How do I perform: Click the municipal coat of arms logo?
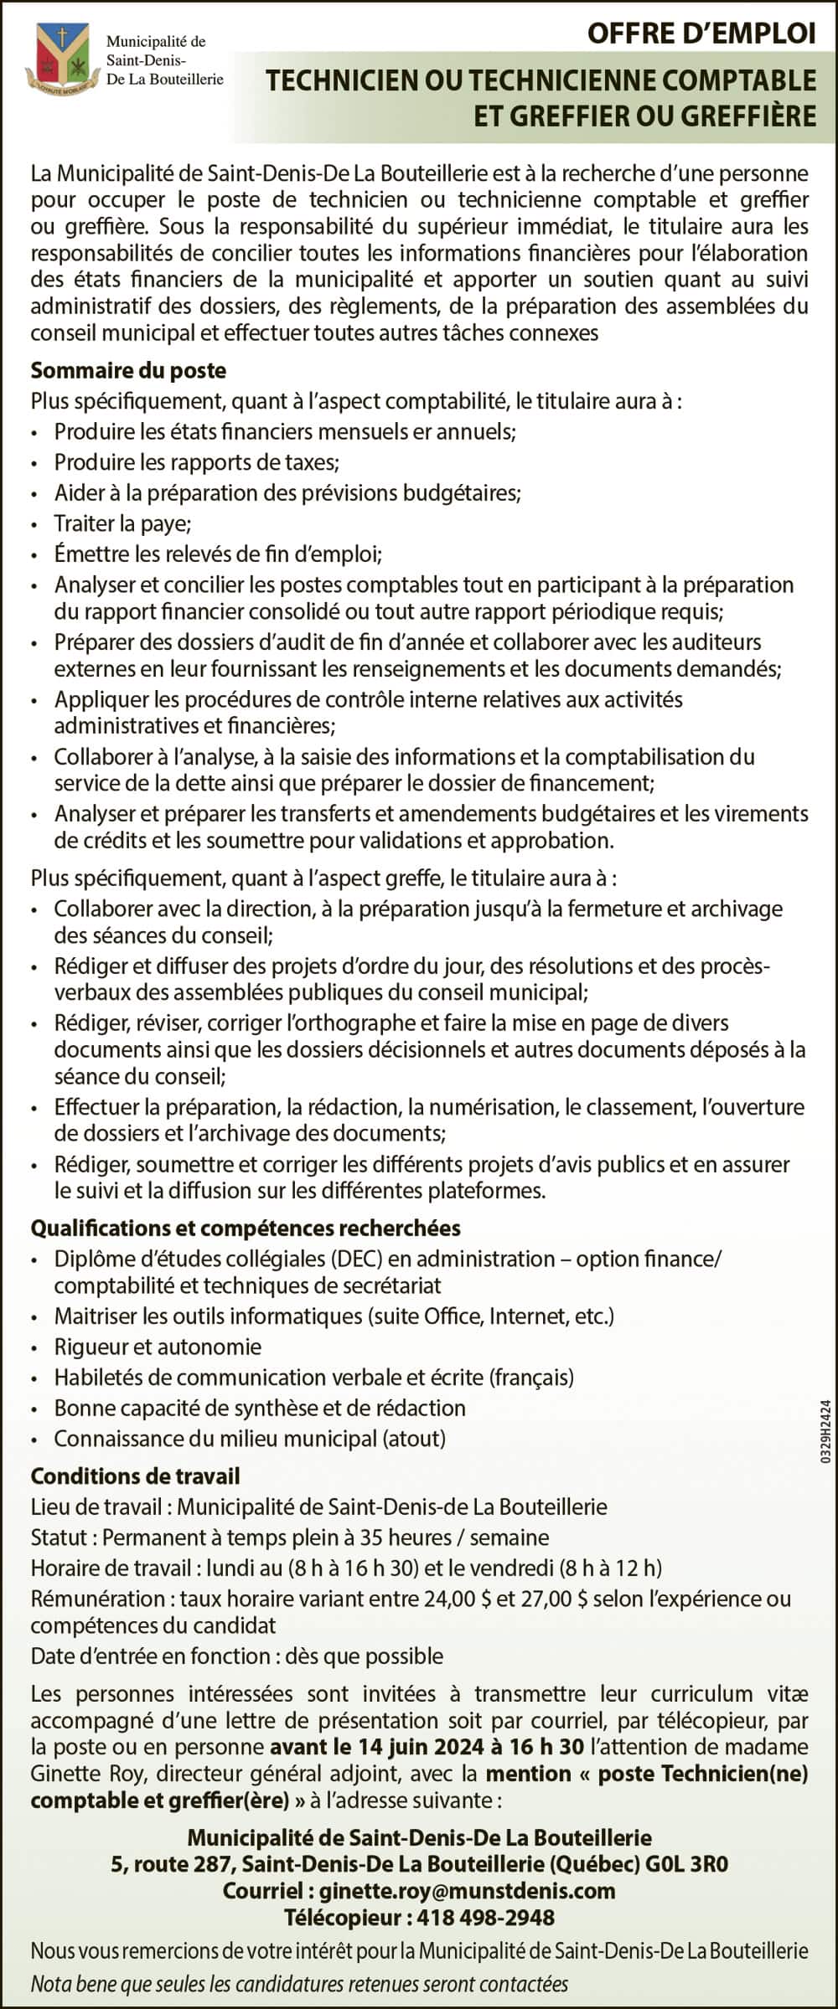pos(59,59)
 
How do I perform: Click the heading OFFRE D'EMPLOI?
pos(701,33)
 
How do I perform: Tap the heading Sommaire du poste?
pos(128,370)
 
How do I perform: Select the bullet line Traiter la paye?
pos(123,523)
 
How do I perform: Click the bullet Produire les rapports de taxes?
pos(196,462)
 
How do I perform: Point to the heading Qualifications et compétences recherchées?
pos(246,1228)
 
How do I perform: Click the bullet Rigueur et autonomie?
pos(158,1347)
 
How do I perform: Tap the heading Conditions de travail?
pos(135,1476)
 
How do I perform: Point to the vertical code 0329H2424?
pos(825,1432)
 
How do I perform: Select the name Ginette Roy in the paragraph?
pos(86,1774)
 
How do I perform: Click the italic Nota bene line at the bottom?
pos(299,1984)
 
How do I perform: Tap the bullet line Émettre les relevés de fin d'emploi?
pos(218,554)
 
